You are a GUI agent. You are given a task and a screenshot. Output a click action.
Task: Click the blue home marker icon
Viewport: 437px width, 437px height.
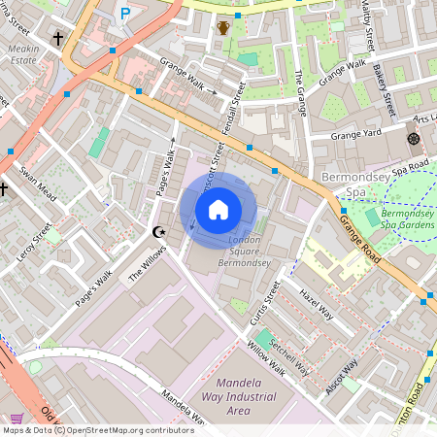point(218,209)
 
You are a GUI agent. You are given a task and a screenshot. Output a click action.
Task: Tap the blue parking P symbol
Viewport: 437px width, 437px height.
point(124,13)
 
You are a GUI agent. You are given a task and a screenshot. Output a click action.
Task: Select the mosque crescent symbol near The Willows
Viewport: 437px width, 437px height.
point(160,232)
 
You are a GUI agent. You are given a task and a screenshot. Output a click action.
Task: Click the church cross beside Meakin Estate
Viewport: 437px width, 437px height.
point(58,39)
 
